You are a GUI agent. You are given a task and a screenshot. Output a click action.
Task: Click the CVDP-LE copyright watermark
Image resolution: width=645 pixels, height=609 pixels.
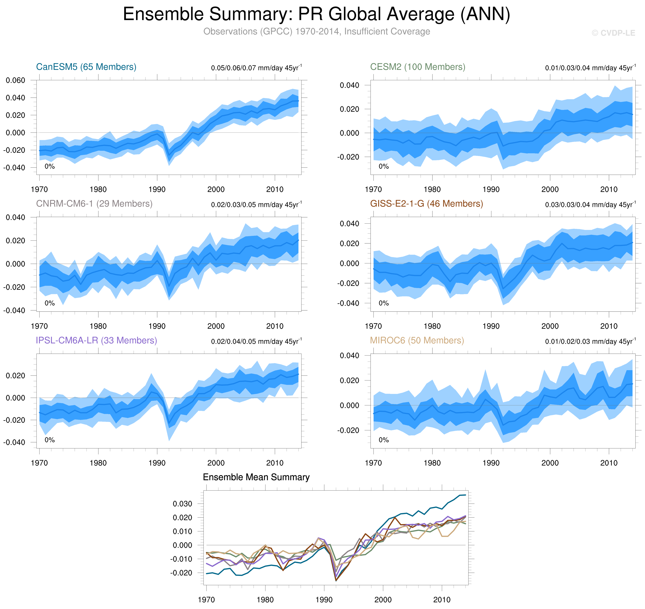tap(613, 33)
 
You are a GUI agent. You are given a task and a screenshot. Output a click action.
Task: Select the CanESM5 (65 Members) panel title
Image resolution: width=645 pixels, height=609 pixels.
tap(86, 67)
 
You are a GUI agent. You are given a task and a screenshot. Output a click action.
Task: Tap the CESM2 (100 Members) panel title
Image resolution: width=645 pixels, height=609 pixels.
tap(418, 67)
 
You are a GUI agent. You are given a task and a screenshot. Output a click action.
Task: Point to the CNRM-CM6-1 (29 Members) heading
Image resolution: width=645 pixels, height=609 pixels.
tap(94, 204)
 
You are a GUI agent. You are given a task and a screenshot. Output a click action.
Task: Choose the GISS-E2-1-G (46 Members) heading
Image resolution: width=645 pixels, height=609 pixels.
tap(426, 204)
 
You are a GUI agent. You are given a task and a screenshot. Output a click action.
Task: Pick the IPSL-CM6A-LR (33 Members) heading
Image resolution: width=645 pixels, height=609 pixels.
tap(96, 340)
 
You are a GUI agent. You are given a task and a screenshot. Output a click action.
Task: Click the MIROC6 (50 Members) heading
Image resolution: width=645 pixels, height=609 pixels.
tap(417, 340)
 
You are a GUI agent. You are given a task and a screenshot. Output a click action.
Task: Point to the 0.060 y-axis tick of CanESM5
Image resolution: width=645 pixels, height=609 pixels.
tap(15, 80)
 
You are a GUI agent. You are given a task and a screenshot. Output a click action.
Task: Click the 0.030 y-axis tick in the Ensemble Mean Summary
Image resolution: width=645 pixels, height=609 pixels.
tap(182, 504)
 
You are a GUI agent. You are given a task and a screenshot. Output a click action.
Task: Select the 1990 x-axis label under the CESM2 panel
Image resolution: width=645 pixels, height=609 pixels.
tap(491, 189)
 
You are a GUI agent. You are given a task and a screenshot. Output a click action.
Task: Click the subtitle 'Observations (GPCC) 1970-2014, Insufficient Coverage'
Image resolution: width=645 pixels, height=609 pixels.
tap(316, 31)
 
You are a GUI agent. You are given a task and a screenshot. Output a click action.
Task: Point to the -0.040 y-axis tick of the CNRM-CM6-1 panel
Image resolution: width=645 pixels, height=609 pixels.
tap(14, 310)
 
